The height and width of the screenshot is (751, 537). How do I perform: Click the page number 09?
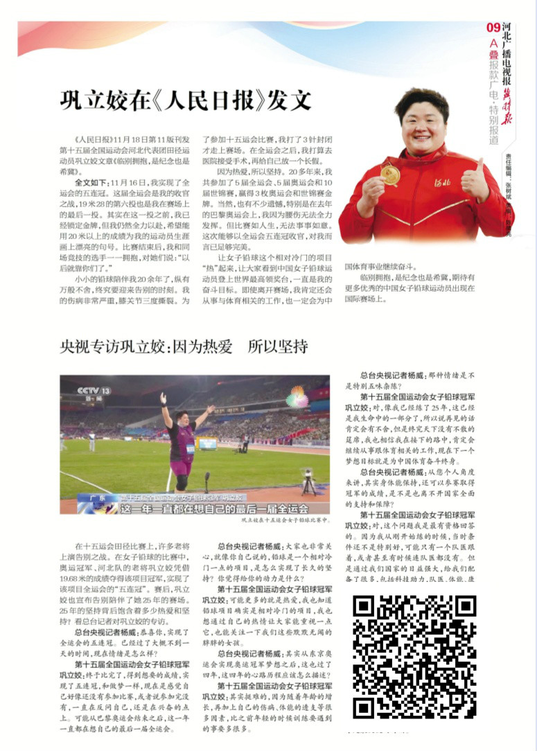(493, 28)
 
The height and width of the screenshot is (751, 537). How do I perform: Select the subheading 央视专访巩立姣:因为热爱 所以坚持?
(184, 346)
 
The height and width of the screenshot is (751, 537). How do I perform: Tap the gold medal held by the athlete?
(391, 175)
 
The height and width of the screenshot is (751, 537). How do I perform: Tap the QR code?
(414, 656)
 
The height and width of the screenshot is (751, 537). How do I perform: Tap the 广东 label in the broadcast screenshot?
(88, 497)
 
